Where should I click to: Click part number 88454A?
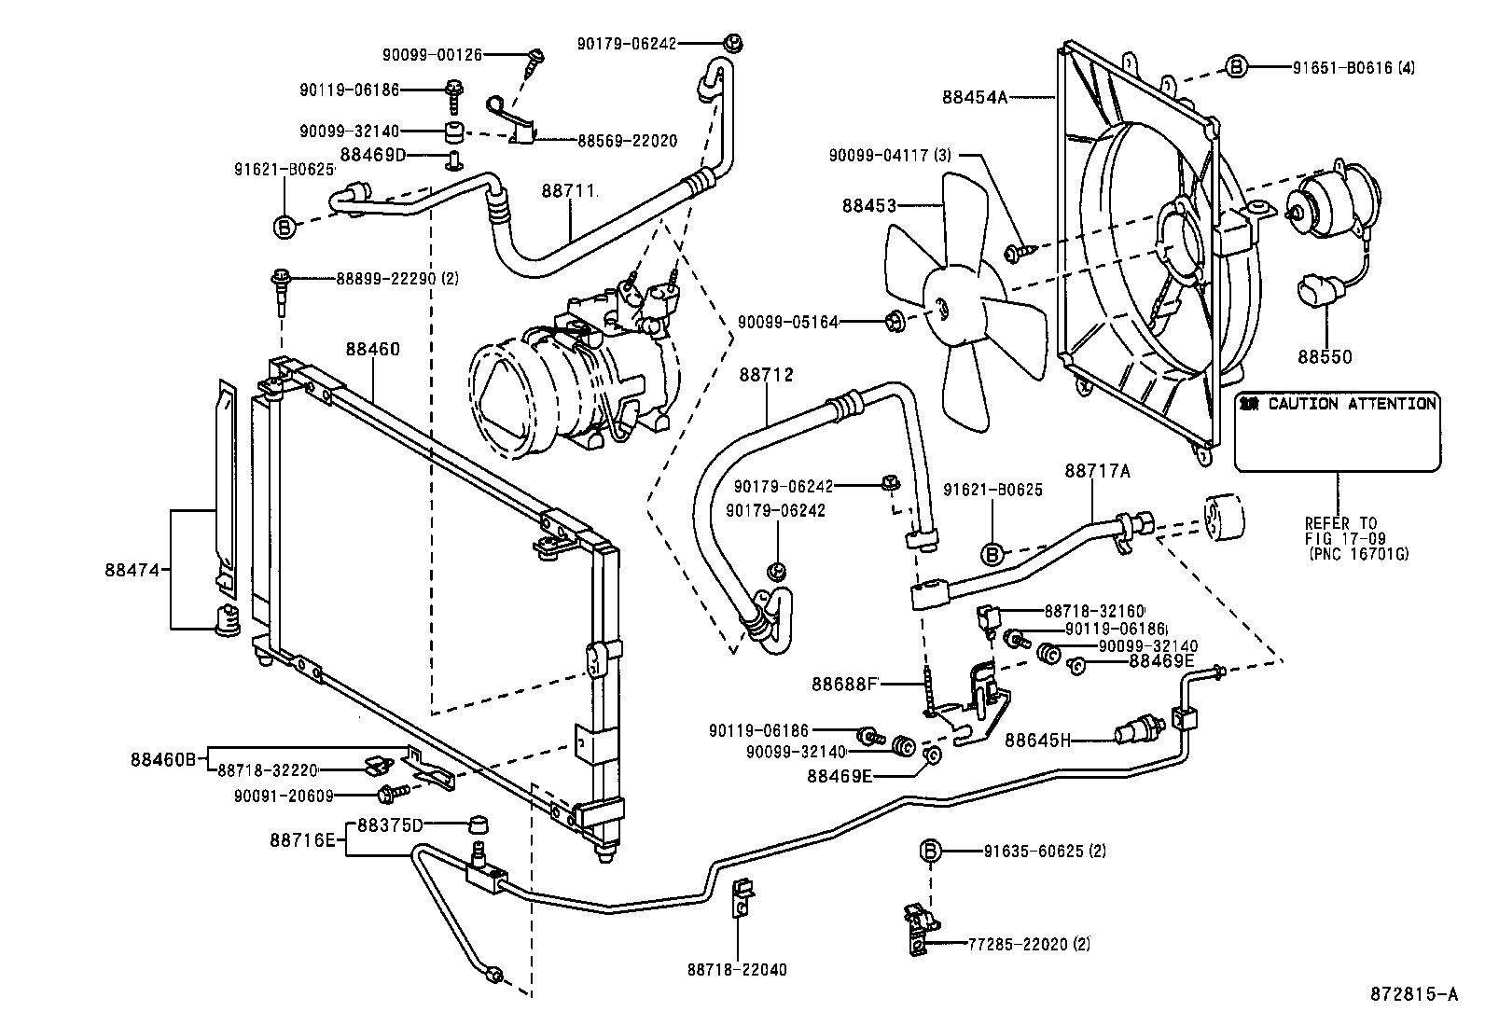coord(974,96)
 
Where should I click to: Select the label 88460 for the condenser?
coord(372,350)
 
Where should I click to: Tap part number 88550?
coord(1325,357)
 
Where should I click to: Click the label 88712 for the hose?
coord(766,375)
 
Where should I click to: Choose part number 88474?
coord(134,569)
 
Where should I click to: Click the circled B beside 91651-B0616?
coord(1236,66)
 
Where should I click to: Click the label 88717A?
coord(1097,472)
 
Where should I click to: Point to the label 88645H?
coord(1037,741)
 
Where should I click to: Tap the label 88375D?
coord(390,825)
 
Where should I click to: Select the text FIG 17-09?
coord(1345,538)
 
